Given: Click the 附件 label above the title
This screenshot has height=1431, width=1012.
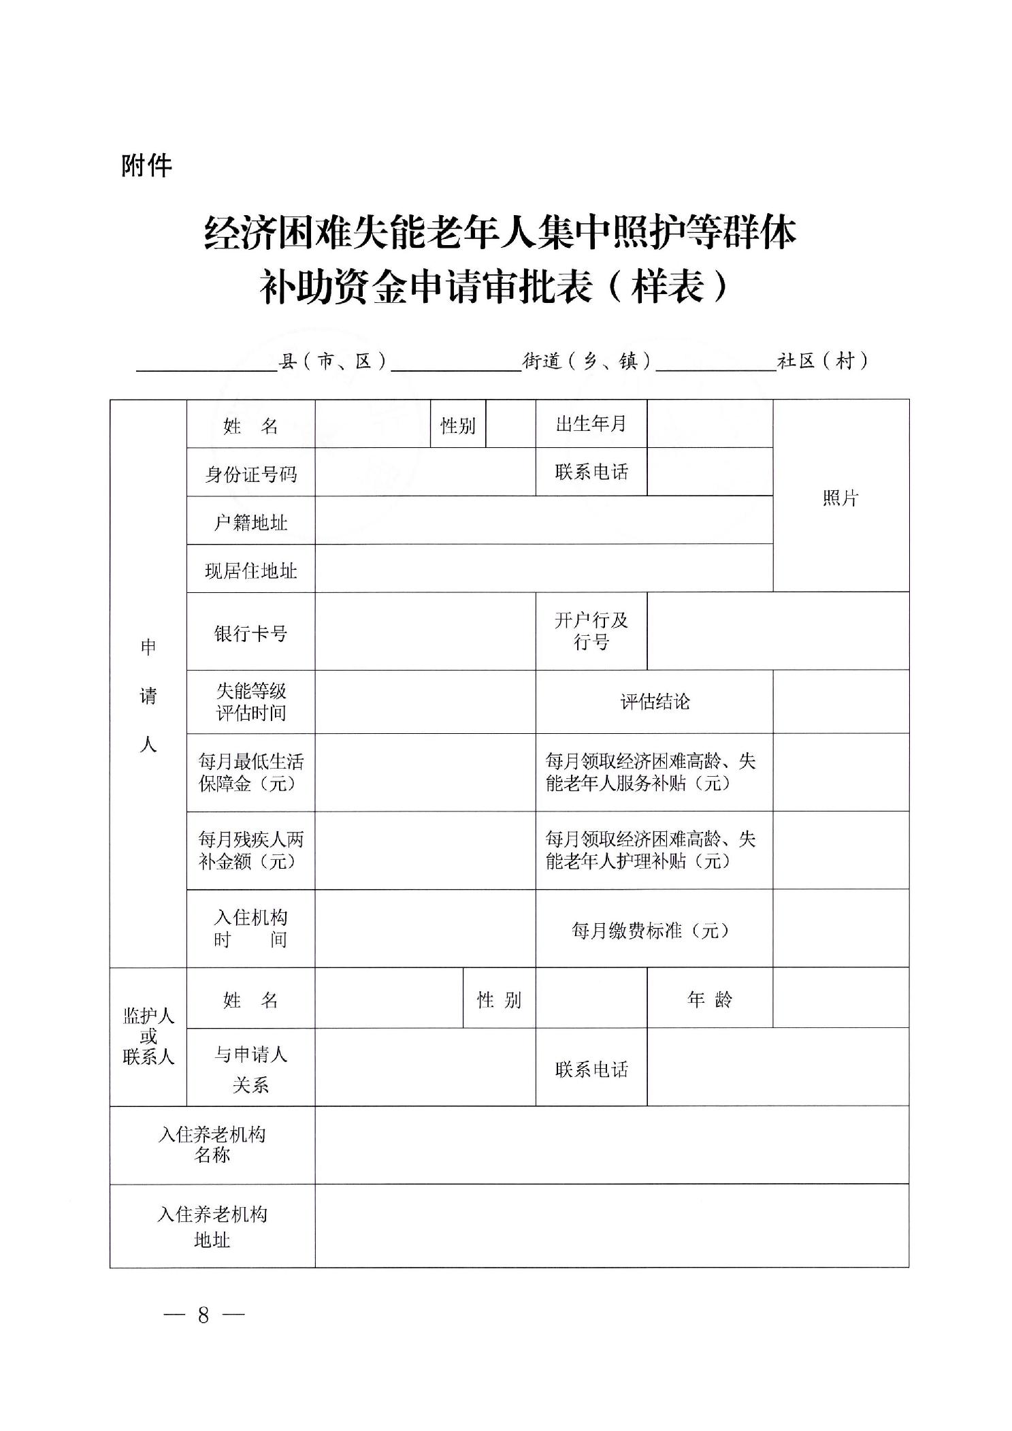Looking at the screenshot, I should pos(146,166).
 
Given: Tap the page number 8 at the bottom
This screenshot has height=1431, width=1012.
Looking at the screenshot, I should pos(203,1315).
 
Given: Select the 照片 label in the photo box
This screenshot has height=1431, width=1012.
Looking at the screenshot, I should pos(840,498).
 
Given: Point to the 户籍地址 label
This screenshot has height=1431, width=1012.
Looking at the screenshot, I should pos(250,522).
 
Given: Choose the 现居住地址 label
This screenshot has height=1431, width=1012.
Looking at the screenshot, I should pos(250,570).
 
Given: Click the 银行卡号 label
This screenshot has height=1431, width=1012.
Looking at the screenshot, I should pos(250,633).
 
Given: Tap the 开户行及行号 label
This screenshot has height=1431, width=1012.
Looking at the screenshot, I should pos(591,631).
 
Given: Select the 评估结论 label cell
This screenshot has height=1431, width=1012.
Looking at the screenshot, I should pos(654,702).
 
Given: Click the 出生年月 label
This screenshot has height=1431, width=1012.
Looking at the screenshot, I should pos(591,424).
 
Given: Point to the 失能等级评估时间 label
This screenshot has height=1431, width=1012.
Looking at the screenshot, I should pos(250,702).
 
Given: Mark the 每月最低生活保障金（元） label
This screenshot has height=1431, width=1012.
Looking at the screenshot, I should pos(250,772).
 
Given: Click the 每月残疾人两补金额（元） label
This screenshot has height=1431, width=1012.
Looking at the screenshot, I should pos(250,850).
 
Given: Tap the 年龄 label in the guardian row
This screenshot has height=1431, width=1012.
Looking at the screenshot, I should pos(709,999).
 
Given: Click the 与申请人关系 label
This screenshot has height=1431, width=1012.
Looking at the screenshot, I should pos(250,1069).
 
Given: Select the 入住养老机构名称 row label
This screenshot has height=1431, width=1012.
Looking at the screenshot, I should pos(212,1145).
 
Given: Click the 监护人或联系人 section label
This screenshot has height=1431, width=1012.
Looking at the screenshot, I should pos(148,1036).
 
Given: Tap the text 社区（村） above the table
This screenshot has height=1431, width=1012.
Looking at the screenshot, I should pos(823,361).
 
